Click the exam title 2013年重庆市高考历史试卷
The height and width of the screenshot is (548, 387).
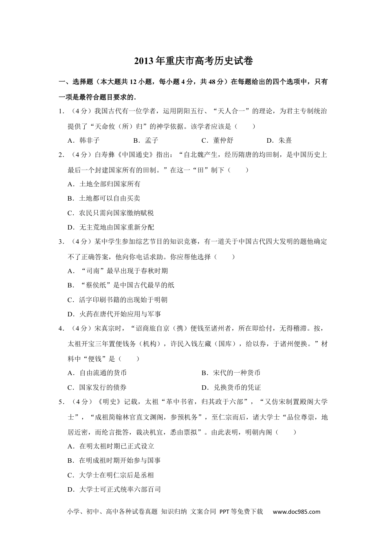(x=193, y=61)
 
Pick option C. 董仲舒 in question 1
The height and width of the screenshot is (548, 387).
(x=217, y=141)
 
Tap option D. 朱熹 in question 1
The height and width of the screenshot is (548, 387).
(x=279, y=141)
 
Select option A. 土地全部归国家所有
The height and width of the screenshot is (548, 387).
(x=104, y=184)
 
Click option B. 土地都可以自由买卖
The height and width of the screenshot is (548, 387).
(x=104, y=198)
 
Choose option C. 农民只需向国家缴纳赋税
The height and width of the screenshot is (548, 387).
(x=110, y=213)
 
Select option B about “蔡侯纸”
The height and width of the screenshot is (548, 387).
(x=121, y=285)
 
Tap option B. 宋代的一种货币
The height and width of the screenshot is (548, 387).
(x=231, y=373)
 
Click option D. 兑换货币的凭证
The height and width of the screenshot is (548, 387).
(x=231, y=387)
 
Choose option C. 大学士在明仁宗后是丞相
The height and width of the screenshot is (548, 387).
(x=110, y=475)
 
